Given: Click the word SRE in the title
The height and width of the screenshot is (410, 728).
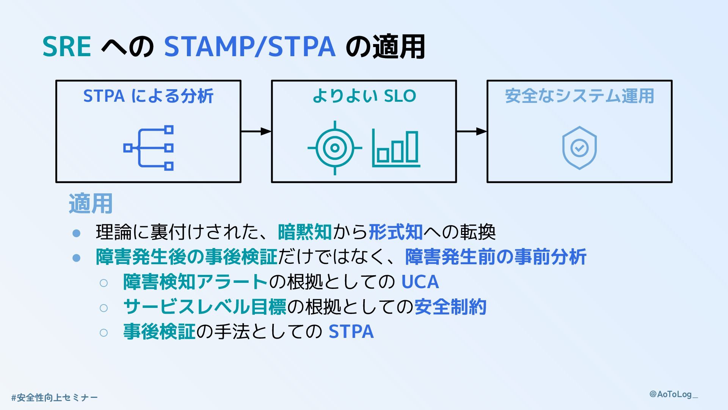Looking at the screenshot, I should tap(67, 47).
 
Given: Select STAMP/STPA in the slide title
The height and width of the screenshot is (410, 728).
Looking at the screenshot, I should tap(249, 47).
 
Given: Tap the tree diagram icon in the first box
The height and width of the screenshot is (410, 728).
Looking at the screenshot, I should tap(148, 148).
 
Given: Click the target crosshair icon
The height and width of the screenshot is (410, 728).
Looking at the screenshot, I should tap(334, 148).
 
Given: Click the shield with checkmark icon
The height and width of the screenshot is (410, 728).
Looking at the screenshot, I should tap(579, 148).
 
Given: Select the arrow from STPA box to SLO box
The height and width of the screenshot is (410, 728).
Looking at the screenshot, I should tap(256, 131).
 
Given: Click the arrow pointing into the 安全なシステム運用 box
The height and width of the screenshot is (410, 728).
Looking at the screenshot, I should tap(471, 131).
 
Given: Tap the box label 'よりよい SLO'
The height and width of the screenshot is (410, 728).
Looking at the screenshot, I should tap(364, 96).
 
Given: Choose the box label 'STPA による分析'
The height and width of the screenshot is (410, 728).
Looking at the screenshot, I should tap(148, 96).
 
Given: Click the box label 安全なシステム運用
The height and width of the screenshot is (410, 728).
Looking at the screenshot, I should tap(579, 96).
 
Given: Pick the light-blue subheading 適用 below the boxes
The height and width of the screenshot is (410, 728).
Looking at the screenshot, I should tap(91, 203).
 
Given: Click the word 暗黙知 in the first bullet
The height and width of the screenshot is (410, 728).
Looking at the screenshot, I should tap(304, 232).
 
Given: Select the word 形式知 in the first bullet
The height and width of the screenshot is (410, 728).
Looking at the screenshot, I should tap(395, 232).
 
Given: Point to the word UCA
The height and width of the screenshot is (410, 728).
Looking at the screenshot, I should tap(420, 282).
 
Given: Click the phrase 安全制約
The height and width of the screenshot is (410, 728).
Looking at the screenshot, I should tap(450, 307).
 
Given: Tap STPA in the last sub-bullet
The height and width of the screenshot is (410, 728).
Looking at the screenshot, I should tap(351, 332).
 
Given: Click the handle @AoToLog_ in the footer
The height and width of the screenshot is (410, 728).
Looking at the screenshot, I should tap(673, 394).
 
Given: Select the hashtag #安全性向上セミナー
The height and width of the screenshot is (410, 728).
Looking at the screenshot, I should tap(55, 397).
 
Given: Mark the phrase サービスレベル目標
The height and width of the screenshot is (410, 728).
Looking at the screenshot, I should tap(205, 307).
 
